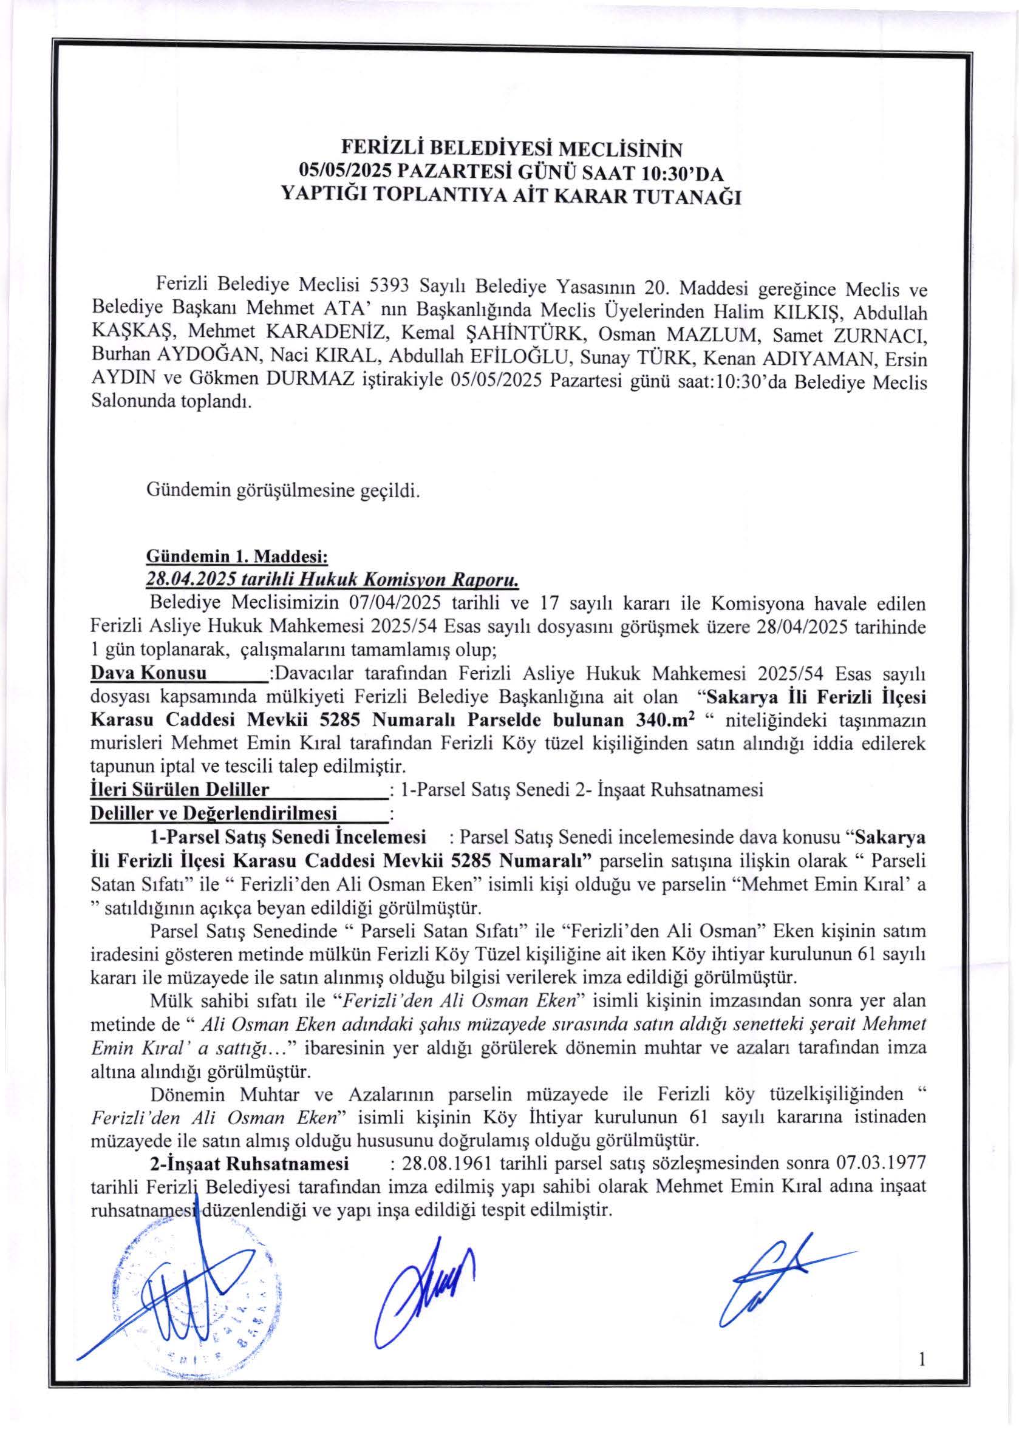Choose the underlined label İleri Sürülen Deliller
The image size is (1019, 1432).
coord(181,790)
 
